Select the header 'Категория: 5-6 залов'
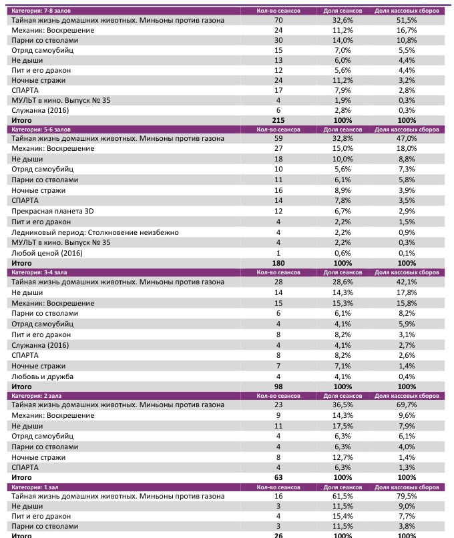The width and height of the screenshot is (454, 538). pos(40,129)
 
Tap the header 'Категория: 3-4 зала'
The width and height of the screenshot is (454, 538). pos(39,272)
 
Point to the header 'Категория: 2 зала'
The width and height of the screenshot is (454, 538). pos(35,396)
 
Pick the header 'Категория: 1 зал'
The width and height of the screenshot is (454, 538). pos(33,488)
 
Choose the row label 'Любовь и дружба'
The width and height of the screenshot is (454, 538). pos(42,376)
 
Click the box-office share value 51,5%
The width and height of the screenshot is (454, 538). pos(406,21)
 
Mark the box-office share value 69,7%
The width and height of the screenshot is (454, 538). pos(406,405)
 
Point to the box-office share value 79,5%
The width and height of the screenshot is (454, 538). pos(406,497)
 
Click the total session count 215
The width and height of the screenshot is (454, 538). pos(278,120)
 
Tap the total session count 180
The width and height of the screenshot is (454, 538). pos(278,264)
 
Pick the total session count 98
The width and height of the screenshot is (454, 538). pos(278,386)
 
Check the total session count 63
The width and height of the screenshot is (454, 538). pos(278,478)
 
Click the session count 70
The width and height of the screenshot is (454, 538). pos(278,21)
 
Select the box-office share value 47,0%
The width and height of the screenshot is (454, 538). pos(406,138)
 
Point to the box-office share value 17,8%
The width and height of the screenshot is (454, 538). pos(406,292)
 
